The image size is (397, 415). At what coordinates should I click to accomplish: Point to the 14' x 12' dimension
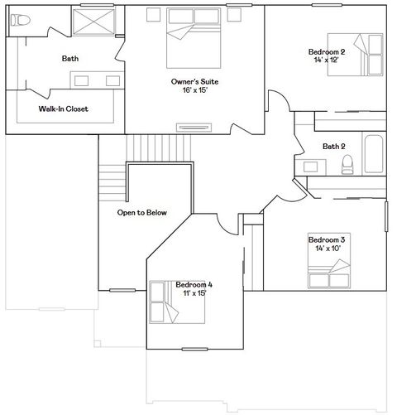[x=326, y=60]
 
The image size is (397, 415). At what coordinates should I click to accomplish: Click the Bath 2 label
[x=334, y=147]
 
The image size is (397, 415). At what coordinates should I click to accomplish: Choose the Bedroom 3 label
[x=326, y=239]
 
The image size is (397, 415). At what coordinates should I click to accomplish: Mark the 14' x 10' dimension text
[x=326, y=247]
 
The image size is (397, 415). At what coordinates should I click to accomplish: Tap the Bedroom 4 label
[x=194, y=284]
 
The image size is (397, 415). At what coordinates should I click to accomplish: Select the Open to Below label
[x=141, y=213]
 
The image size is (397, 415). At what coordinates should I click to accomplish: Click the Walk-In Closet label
[x=63, y=109]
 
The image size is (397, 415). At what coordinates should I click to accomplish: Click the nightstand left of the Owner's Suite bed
[x=155, y=14]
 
